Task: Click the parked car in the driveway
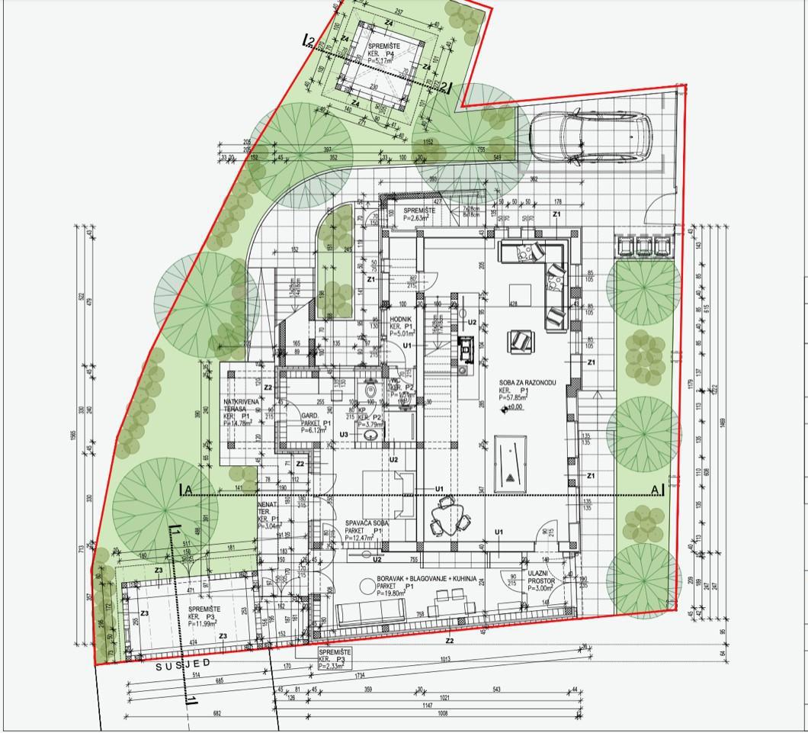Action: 592,136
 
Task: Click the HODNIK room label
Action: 401,319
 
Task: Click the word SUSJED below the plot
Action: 183,664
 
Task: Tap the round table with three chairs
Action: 447,519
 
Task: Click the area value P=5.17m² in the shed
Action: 383,61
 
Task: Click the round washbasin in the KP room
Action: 370,436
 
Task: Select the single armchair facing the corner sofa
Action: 521,339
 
